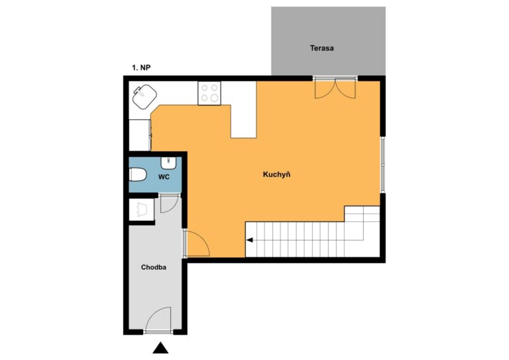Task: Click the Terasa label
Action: [x=321, y=48]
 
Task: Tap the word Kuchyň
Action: [x=276, y=174]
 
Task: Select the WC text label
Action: [x=164, y=177]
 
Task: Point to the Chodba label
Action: [x=154, y=267]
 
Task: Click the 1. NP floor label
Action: [x=141, y=68]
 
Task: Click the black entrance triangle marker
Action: [x=160, y=347]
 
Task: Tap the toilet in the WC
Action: [x=138, y=174]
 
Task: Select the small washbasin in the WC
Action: [x=168, y=163]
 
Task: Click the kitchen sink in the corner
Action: [x=144, y=96]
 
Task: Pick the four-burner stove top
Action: [x=209, y=93]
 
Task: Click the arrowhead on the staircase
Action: [x=250, y=240]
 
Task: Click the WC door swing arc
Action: [x=169, y=204]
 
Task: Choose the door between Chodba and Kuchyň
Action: [x=198, y=243]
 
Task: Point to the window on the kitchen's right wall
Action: [x=382, y=164]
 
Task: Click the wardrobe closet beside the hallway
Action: [x=142, y=210]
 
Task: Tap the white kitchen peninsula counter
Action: [x=243, y=109]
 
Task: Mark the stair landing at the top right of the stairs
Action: [x=362, y=223]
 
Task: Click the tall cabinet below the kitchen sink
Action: [x=140, y=135]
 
